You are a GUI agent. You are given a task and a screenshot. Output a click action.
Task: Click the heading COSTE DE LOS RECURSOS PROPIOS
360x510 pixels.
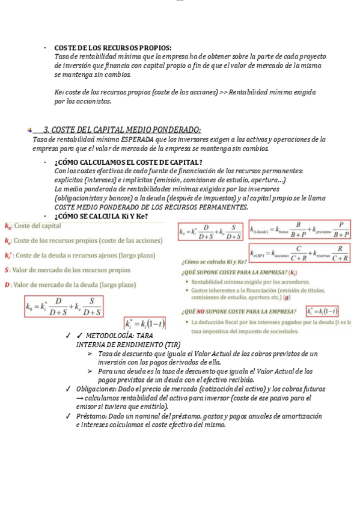(112, 48)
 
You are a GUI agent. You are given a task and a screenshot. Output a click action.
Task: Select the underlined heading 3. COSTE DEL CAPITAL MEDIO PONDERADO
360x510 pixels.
(122, 129)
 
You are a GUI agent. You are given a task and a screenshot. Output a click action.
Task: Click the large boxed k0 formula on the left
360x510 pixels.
(64, 306)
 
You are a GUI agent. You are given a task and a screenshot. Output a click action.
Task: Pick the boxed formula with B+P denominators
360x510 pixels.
(299, 229)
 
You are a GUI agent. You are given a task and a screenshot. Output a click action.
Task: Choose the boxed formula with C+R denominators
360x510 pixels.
(299, 252)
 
